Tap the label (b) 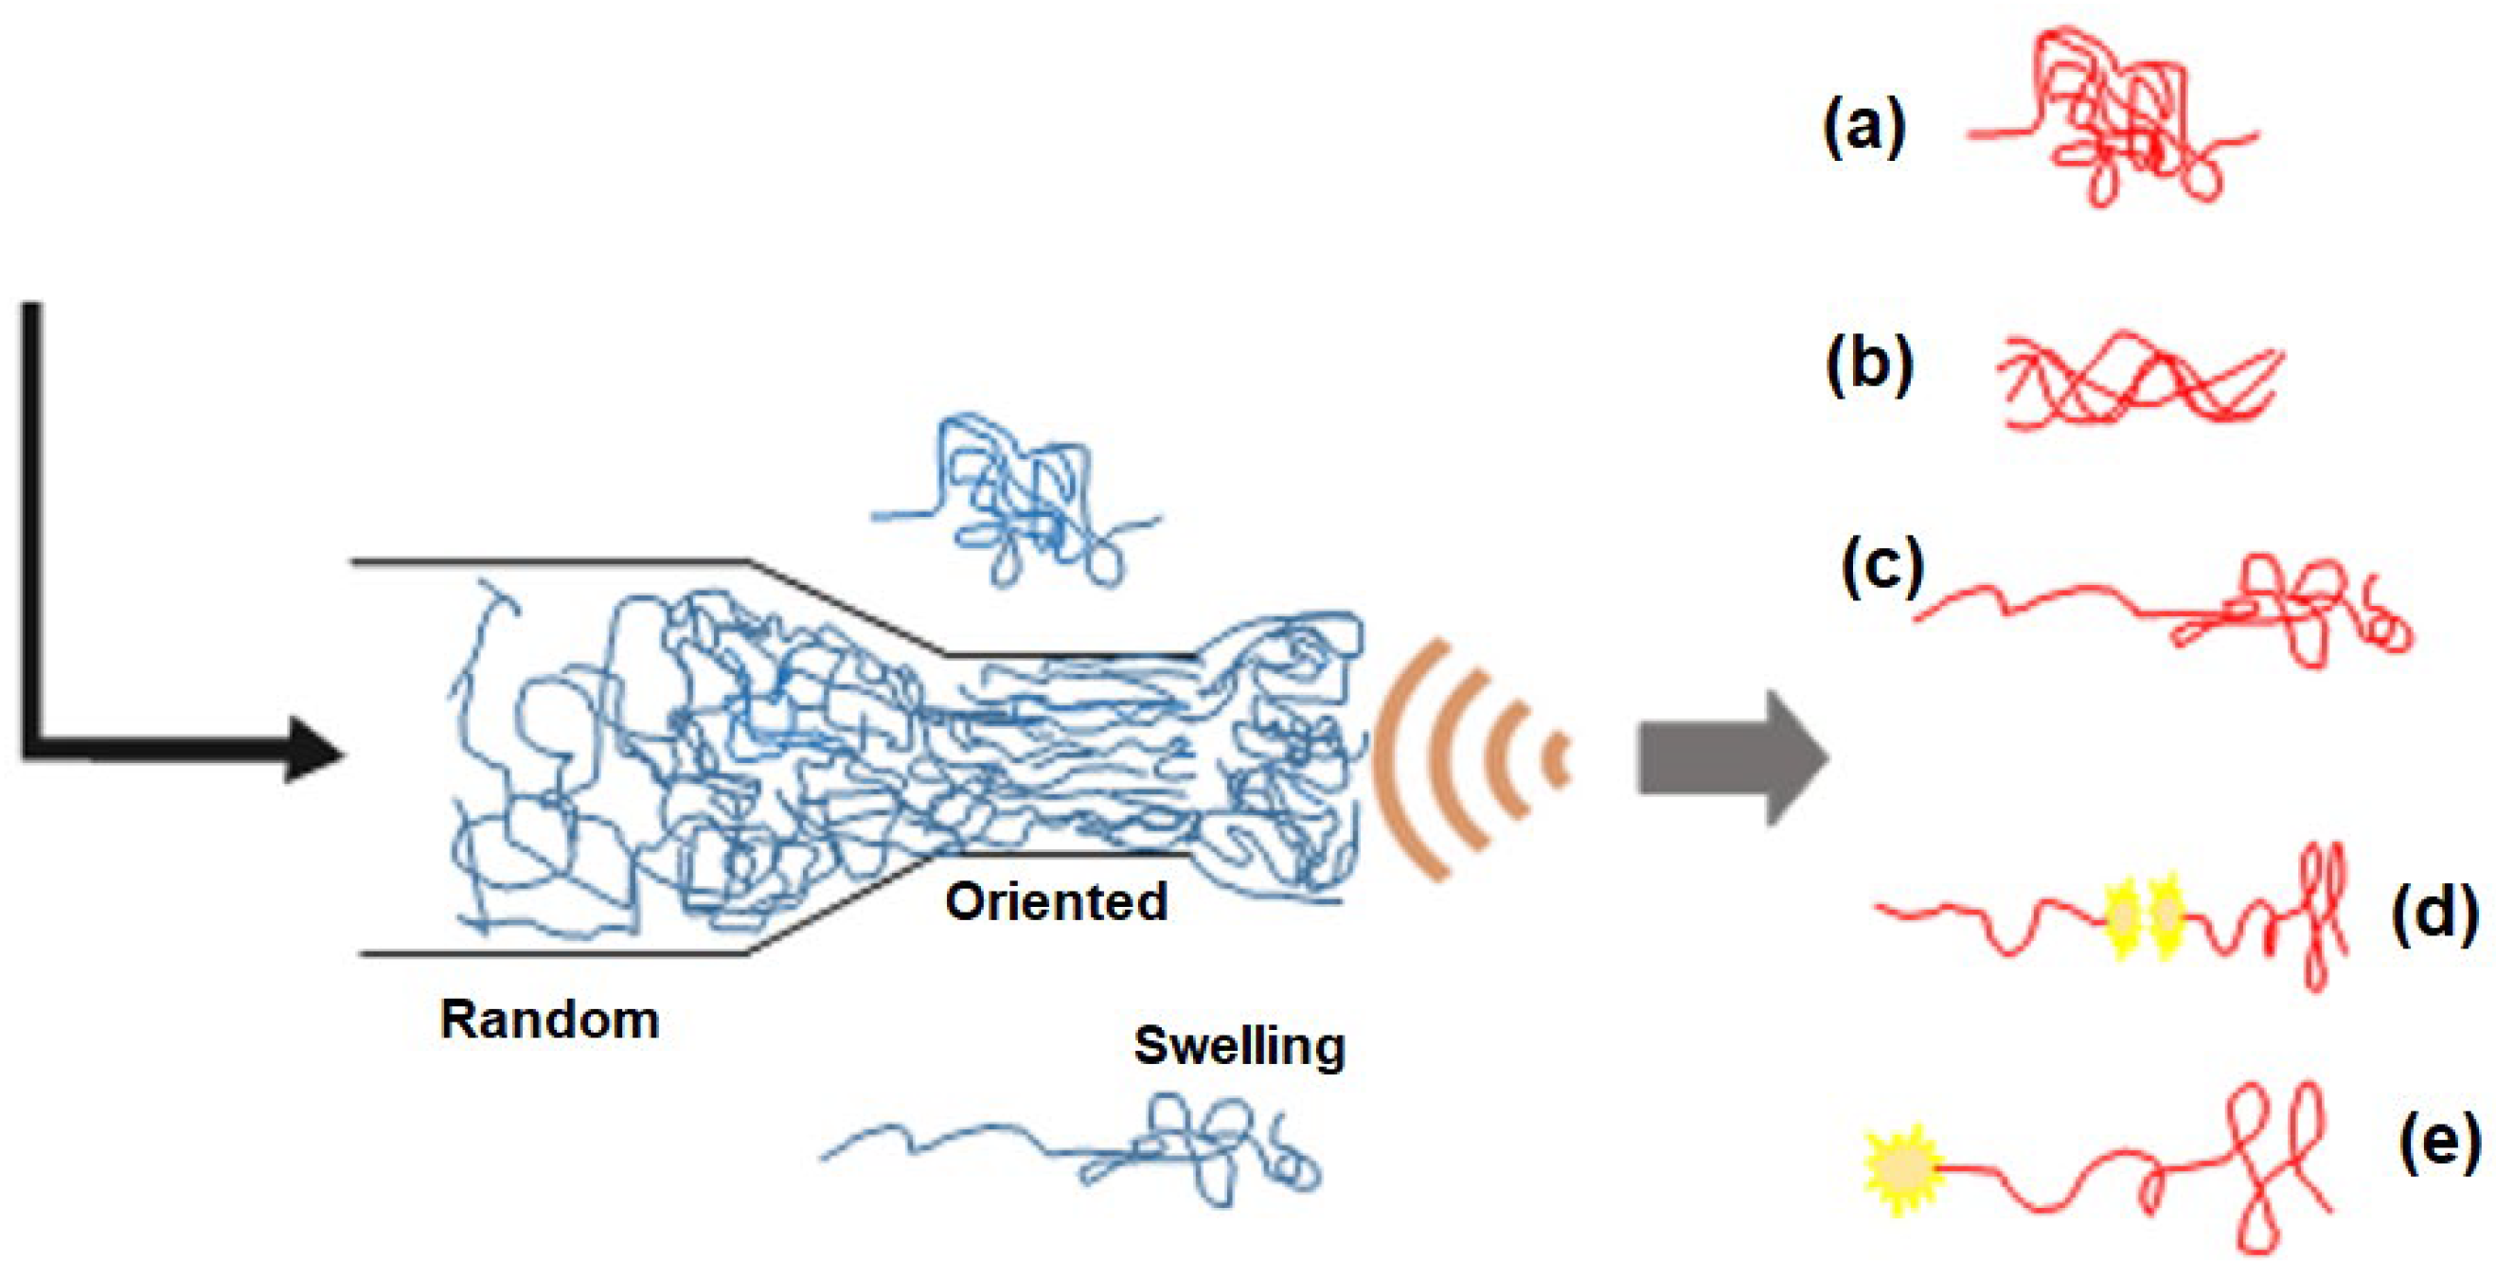coord(1869,367)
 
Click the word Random coord(549,1021)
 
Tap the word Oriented coord(1056,901)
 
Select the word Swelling coord(1239,1045)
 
